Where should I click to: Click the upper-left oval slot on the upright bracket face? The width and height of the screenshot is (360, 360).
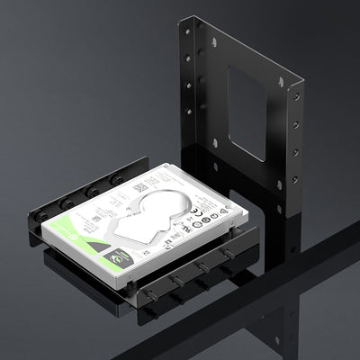pos(212,42)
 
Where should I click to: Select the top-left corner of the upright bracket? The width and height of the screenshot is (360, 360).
pos(181,18)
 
